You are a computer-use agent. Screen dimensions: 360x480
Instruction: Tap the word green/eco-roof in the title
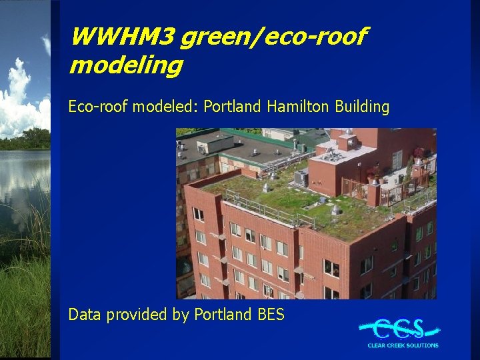[x=272, y=37]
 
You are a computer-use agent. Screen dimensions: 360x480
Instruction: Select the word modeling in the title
[x=125, y=65]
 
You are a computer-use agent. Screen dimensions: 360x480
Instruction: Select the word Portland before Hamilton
[x=233, y=107]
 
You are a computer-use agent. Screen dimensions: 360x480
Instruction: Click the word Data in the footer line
[x=84, y=314]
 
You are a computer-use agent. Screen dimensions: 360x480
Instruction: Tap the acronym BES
[x=271, y=314]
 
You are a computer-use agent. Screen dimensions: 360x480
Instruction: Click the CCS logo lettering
[x=399, y=329]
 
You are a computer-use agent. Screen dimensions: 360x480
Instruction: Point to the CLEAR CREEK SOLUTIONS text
[x=403, y=345]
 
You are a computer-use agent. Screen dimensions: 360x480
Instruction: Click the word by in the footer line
[x=182, y=315]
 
